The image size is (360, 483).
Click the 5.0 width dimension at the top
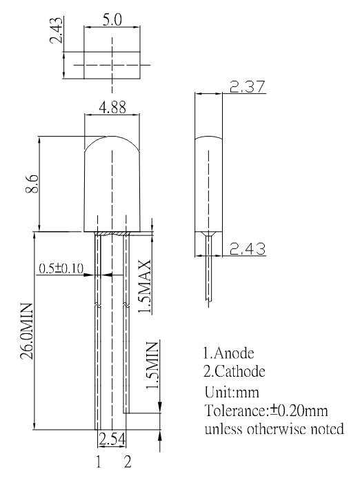(x=112, y=20)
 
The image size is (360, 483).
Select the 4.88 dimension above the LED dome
(x=112, y=108)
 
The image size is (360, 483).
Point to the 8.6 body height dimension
(x=32, y=184)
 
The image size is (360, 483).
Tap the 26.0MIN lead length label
(x=26, y=331)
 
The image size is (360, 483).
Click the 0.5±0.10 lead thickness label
(x=61, y=268)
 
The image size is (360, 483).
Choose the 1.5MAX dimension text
(x=144, y=287)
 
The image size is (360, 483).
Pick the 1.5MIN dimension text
(x=152, y=365)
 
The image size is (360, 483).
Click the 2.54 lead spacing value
(x=112, y=440)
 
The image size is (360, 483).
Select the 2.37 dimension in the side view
(x=248, y=86)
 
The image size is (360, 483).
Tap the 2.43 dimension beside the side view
(x=248, y=248)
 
